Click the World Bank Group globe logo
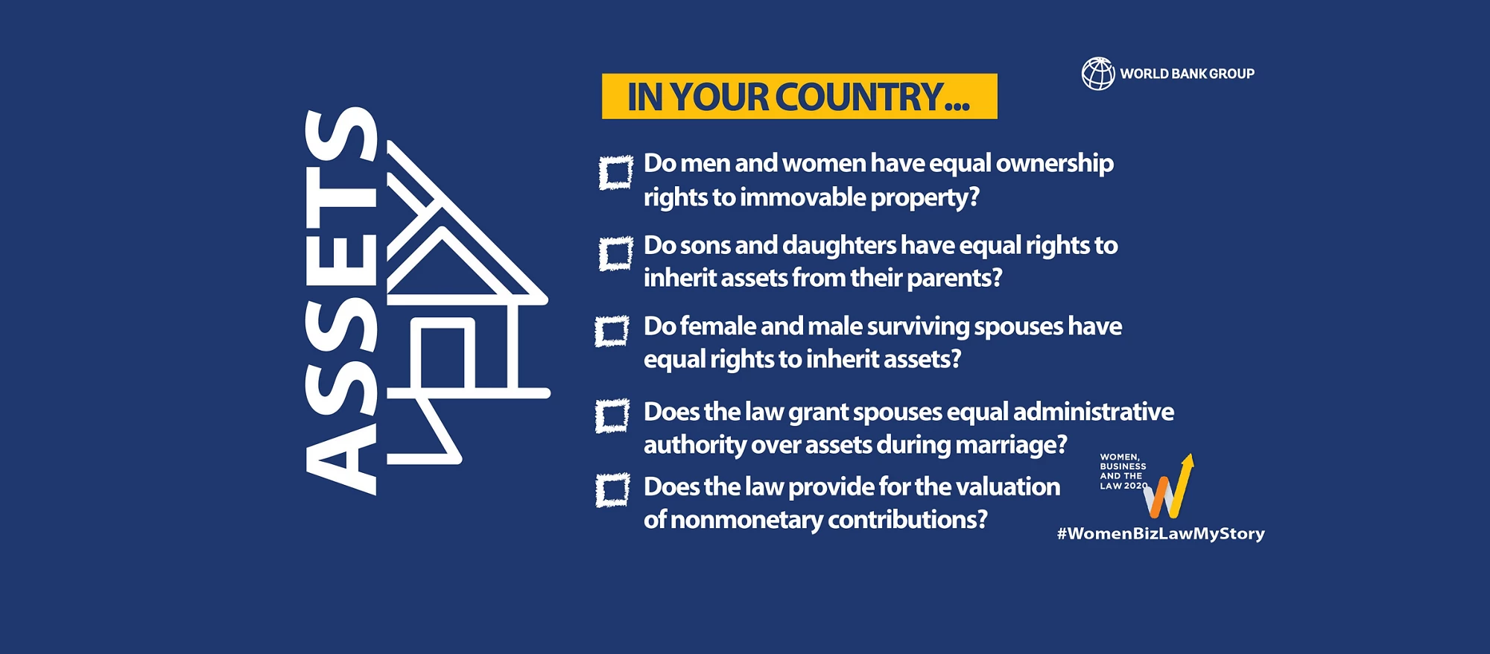click(x=1098, y=74)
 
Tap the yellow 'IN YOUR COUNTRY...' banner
click(x=799, y=96)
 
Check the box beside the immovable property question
click(x=616, y=173)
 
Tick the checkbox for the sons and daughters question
click(x=616, y=254)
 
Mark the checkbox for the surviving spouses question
click(x=612, y=331)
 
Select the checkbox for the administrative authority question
click(x=612, y=416)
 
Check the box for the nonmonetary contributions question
click(x=612, y=490)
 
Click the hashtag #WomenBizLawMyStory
click(x=1161, y=533)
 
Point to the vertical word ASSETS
click(x=341, y=301)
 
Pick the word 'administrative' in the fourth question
click(x=1094, y=411)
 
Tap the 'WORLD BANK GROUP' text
click(x=1188, y=74)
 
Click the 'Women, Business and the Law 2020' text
click(x=1123, y=472)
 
